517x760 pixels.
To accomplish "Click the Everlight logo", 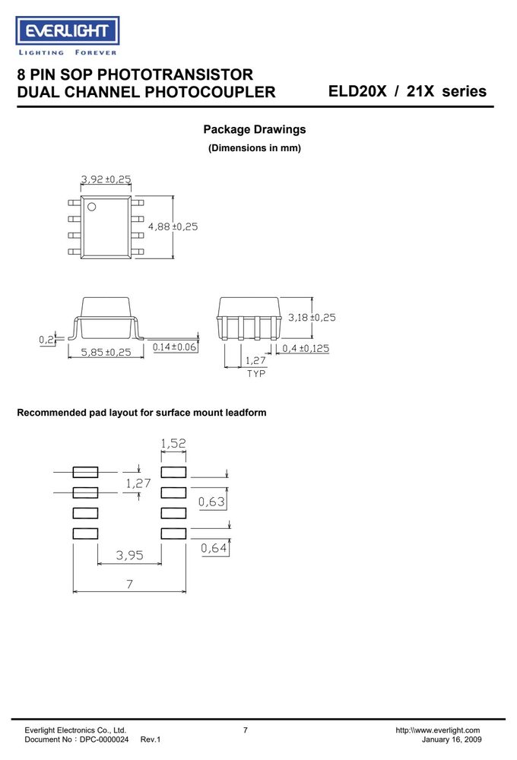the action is coord(68,36).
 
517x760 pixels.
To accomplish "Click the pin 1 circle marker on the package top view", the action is coord(91,207).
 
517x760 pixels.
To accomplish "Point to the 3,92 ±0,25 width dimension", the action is coord(106,179).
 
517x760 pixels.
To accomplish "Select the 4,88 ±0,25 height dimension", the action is coord(173,226).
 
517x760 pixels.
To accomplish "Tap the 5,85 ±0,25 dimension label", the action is coord(106,353).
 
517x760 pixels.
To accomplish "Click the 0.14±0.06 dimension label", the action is coord(174,347).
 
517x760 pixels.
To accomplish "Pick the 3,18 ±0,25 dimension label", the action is coord(312,318).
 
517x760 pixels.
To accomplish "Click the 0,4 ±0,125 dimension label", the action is coord(306,349).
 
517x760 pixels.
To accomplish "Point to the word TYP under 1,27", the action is coord(256,374).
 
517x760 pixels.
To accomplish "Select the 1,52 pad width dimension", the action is coord(173,443).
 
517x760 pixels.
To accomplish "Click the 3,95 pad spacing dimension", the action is coord(129,555).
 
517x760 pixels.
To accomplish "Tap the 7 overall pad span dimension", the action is coord(129,584).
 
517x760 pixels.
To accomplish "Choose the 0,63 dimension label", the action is coord(211,502).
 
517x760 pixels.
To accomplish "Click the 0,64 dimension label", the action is coord(214,548).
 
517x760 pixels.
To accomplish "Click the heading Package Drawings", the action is coord(255,129).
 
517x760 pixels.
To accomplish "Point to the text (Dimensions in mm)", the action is coord(255,148).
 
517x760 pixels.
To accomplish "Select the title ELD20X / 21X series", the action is coord(408,91).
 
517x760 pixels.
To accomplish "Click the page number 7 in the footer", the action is coord(246,730).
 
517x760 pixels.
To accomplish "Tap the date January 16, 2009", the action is coord(452,739).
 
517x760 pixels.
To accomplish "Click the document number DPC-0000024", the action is coord(104,739).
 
